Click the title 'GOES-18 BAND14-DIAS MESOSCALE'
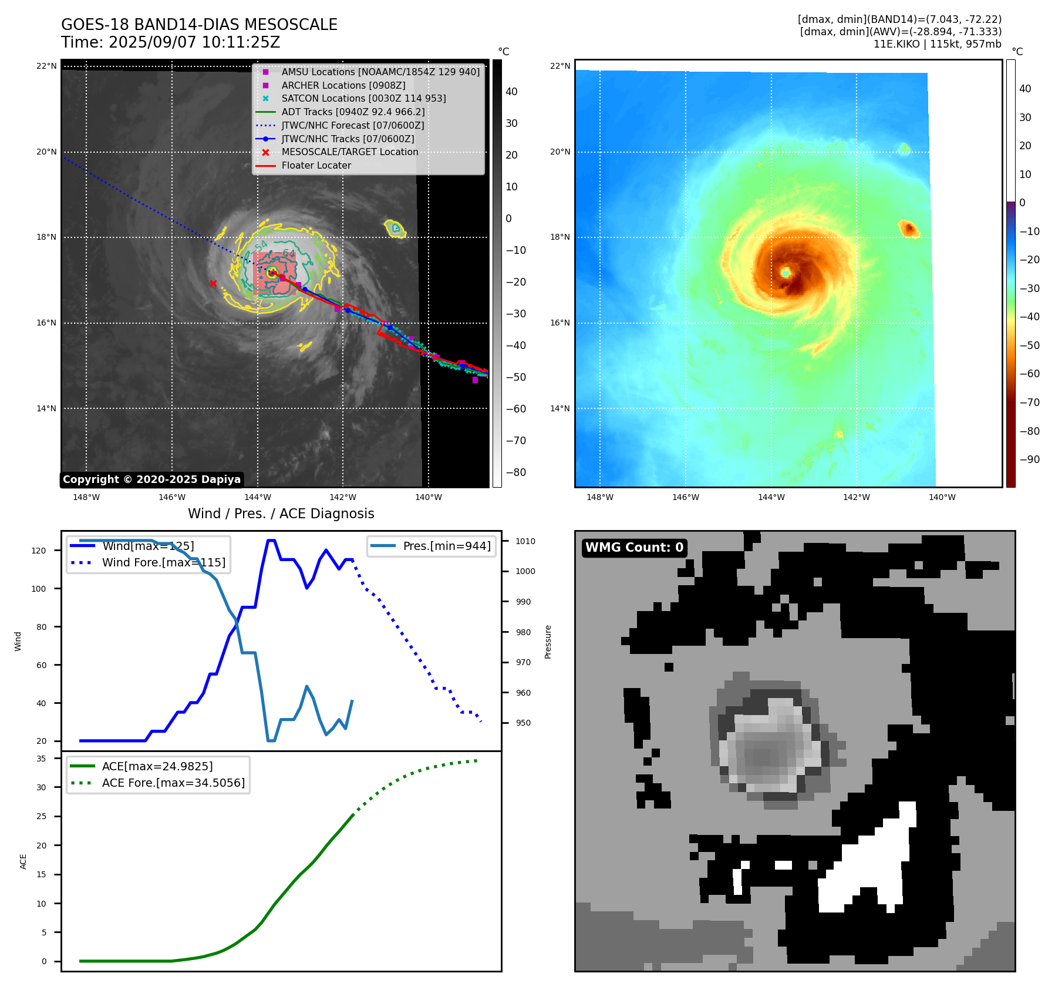click(199, 25)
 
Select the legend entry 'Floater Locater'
click(316, 166)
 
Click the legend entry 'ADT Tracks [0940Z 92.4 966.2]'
click(353, 112)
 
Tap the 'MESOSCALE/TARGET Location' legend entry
click(349, 152)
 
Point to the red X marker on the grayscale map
click(213, 284)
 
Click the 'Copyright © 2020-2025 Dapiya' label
click(151, 479)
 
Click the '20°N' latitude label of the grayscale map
click(47, 152)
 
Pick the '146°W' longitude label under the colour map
click(685, 498)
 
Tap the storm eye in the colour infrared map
click(785, 273)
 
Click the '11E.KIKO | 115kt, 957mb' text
click(937, 44)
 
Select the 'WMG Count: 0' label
click(634, 548)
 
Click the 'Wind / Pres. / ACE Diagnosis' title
click(281, 514)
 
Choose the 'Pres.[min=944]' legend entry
click(446, 546)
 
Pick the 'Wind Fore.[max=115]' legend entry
click(163, 562)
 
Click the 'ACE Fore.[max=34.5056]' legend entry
click(173, 783)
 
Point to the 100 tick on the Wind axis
click(39, 589)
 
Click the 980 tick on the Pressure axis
click(523, 632)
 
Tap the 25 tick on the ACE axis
click(41, 816)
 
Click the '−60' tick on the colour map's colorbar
click(1029, 374)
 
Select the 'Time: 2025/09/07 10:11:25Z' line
click(170, 42)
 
